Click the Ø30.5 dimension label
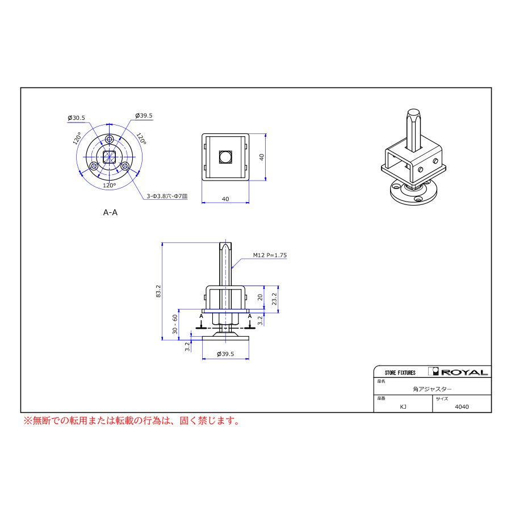point(76,118)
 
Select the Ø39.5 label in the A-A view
point(144,115)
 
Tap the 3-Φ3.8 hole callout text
point(167,196)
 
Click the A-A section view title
point(110,212)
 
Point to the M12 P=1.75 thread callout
point(270,255)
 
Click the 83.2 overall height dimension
point(158,291)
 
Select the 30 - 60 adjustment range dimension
point(175,324)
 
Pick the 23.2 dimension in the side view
point(274,299)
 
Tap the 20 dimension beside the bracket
point(260,297)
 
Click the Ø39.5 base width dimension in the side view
point(225,354)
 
